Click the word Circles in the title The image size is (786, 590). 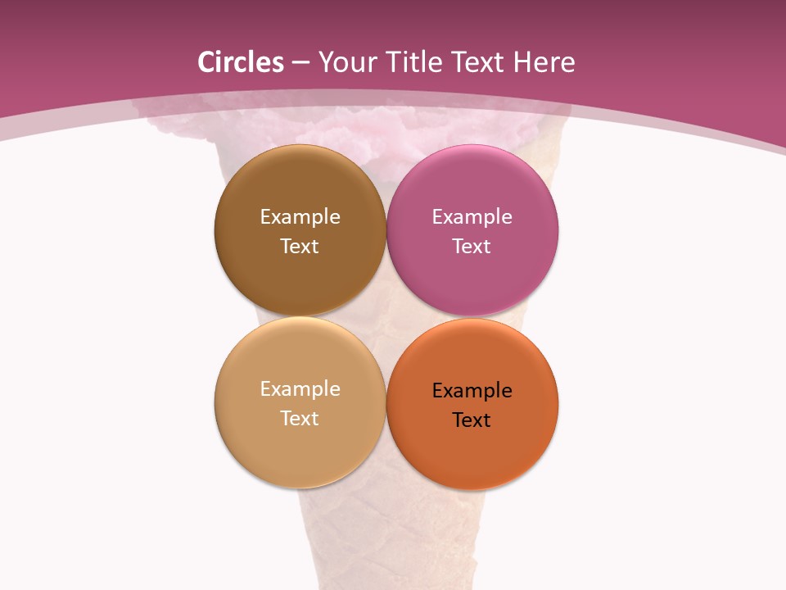pyautogui.click(x=241, y=62)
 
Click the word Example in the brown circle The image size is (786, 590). pyautogui.click(x=300, y=217)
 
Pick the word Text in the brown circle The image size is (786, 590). pyautogui.click(x=300, y=247)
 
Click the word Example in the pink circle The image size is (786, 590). pyautogui.click(x=472, y=217)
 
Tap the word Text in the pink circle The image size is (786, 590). pyautogui.click(x=472, y=247)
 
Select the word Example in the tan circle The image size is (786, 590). pyautogui.click(x=300, y=389)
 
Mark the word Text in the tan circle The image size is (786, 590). pyautogui.click(x=300, y=419)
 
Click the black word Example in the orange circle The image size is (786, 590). pyautogui.click(x=472, y=391)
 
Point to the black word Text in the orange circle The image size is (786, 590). pyautogui.click(x=472, y=420)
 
